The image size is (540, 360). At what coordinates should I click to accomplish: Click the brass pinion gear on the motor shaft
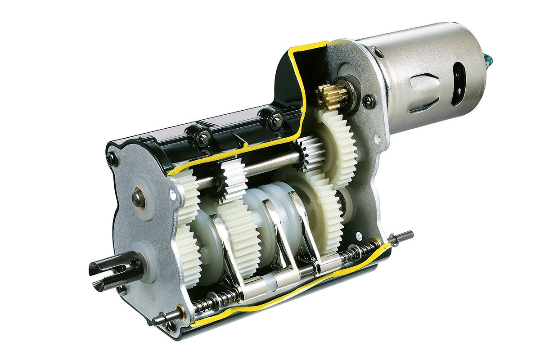332,95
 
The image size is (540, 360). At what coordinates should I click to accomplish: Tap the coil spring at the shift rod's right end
360,254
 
